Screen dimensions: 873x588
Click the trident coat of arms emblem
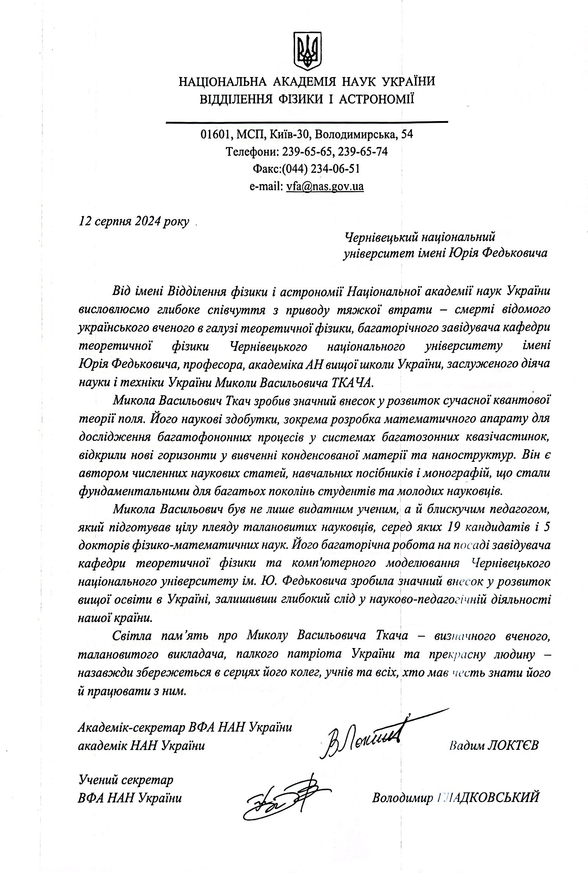click(x=307, y=51)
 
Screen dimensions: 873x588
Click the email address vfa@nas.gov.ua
click(x=325, y=186)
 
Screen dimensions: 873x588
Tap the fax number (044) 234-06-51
click(x=321, y=169)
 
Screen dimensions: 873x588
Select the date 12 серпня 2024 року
click(x=134, y=221)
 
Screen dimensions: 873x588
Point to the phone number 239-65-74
click(x=363, y=152)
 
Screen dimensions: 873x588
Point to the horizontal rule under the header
click(x=307, y=122)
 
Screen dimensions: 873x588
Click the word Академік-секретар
click(x=131, y=727)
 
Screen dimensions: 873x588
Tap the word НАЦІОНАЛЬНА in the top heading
click(x=222, y=81)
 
